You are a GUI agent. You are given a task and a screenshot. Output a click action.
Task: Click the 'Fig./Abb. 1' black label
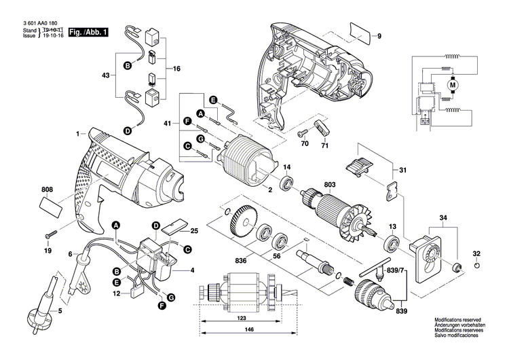click(x=88, y=32)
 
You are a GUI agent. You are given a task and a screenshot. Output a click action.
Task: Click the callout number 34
click(x=444, y=217)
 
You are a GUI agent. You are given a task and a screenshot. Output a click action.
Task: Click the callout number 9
click(x=379, y=35)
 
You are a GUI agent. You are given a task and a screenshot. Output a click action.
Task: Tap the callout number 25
click(x=193, y=230)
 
